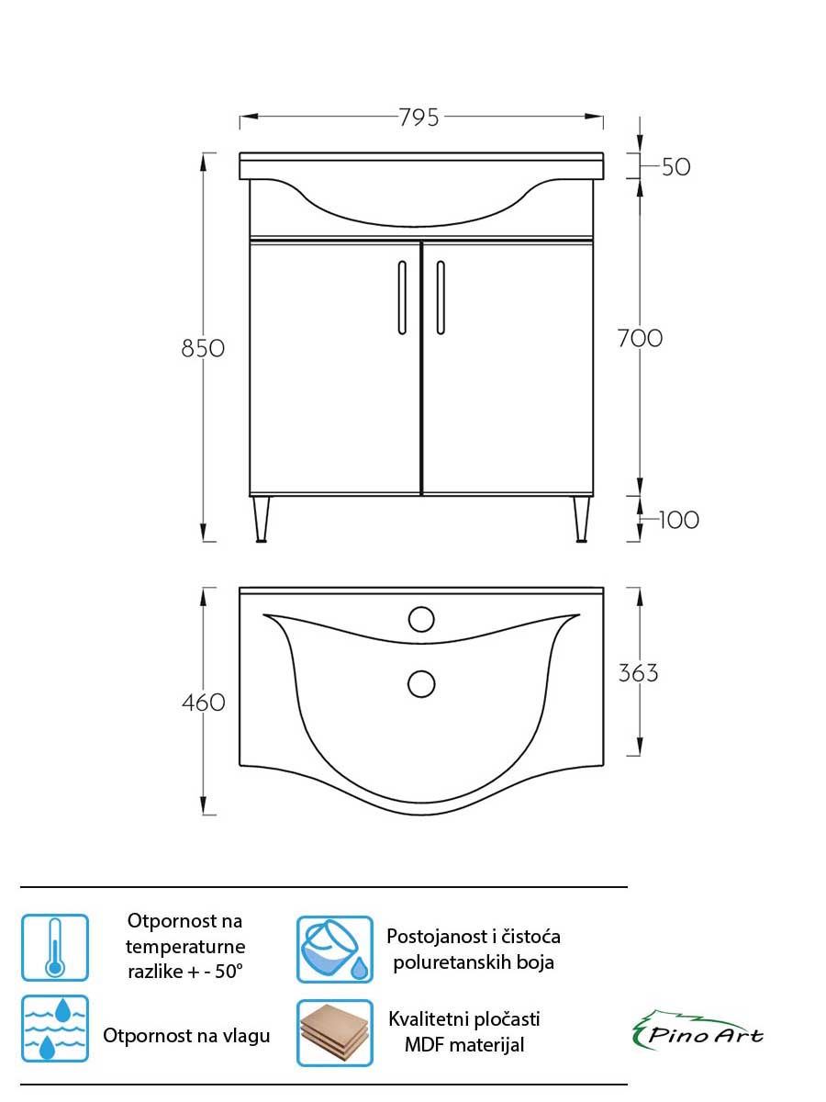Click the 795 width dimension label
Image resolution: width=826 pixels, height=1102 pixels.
point(419,118)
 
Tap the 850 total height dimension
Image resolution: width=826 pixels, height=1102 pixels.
point(203,348)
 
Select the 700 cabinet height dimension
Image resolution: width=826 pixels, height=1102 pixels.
point(640,338)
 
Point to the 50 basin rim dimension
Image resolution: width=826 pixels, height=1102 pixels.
point(676,167)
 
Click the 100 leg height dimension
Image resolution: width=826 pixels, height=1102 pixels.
point(679,520)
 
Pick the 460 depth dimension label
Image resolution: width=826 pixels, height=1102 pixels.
point(203,703)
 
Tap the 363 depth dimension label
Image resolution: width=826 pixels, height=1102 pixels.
point(638,673)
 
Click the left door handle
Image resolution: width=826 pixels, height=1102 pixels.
point(402,298)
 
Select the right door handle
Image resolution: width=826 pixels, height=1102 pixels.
point(441,298)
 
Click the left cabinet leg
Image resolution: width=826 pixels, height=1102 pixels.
point(261,520)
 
